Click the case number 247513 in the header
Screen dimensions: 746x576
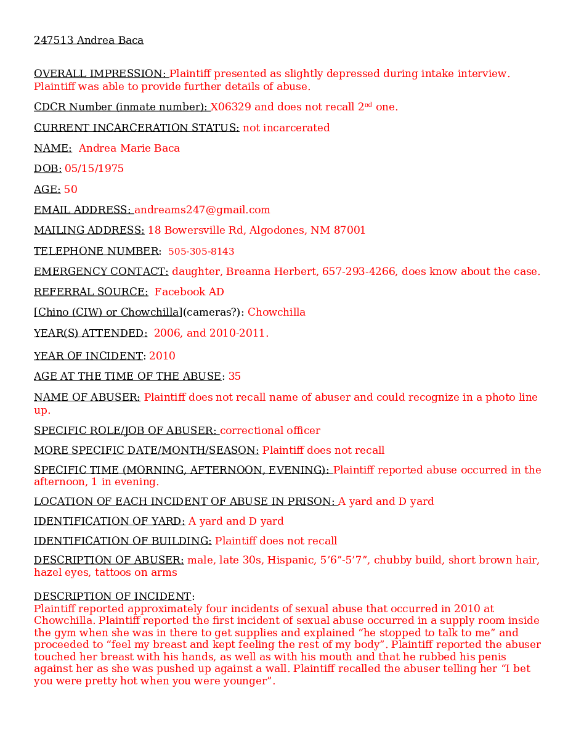(x=54, y=41)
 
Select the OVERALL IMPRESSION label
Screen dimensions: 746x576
(x=100, y=74)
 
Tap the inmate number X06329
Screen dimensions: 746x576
(x=231, y=107)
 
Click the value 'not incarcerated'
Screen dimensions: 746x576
(x=286, y=128)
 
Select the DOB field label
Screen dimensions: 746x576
(x=47, y=169)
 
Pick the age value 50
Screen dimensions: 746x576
(x=71, y=190)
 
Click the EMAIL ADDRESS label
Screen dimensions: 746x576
(x=83, y=210)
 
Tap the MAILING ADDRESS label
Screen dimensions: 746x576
(x=89, y=231)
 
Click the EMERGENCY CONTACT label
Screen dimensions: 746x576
(x=101, y=272)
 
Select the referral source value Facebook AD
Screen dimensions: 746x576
(x=189, y=292)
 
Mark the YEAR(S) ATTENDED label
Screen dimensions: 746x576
(x=90, y=334)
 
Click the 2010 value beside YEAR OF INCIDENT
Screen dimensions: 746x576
(x=162, y=356)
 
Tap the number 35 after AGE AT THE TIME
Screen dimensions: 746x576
(x=235, y=377)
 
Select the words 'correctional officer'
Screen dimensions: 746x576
(x=270, y=431)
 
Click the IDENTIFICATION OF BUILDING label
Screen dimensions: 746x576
(x=123, y=541)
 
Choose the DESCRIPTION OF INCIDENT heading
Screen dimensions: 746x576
(x=113, y=597)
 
